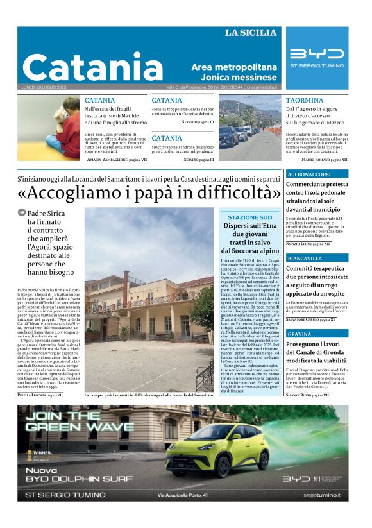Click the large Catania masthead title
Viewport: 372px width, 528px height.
pos(93,67)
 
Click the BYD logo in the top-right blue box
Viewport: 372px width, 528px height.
pos(316,54)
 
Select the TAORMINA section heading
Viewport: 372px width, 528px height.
pos(305,101)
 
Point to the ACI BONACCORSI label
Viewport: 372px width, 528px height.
pos(309,175)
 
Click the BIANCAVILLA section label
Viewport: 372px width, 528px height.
pos(305,259)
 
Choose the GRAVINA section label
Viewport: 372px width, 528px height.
pos(300,334)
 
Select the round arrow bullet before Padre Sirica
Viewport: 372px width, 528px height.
pos(21,212)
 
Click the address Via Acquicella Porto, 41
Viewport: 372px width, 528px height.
pos(182,495)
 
